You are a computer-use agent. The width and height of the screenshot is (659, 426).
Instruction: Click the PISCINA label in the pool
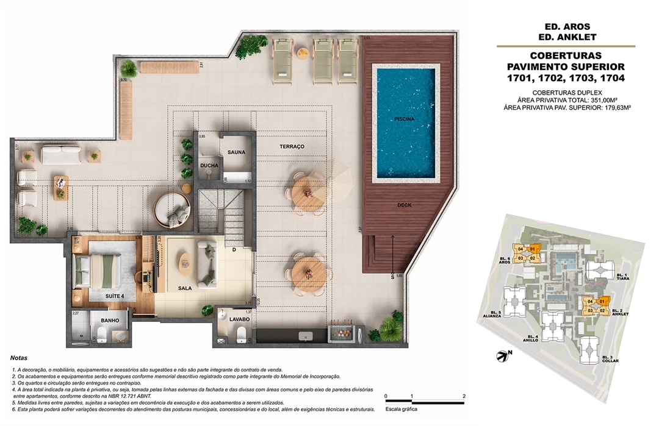coord(404,119)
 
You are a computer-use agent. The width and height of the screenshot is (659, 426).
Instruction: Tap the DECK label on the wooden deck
coord(404,205)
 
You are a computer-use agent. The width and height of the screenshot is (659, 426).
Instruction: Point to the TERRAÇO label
coord(292,147)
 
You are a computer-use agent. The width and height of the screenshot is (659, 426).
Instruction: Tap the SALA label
coord(185,288)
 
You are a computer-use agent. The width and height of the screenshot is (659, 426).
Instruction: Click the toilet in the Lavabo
coord(242,334)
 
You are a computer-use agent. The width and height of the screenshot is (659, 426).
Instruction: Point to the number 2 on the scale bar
coord(464,396)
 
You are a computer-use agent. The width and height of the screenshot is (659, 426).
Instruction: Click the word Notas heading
coord(19,358)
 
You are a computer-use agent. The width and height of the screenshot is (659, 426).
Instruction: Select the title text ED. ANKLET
coord(566,38)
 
